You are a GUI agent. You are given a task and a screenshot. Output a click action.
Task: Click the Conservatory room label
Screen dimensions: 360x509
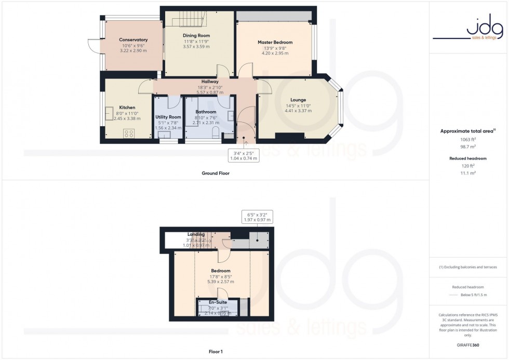point(133,40)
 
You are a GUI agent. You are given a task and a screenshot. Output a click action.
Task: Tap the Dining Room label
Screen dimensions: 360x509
point(196,35)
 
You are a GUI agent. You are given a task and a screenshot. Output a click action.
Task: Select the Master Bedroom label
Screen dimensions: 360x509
point(275,42)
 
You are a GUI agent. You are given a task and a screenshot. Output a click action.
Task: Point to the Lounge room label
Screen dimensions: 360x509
point(298,100)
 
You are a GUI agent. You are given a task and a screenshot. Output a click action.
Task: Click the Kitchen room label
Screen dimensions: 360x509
point(127,108)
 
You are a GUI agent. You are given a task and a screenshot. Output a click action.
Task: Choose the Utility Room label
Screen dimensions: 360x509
point(168,117)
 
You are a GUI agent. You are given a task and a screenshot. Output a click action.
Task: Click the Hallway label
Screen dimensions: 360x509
point(210,82)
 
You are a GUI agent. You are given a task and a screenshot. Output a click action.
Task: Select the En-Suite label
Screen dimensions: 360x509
point(218,302)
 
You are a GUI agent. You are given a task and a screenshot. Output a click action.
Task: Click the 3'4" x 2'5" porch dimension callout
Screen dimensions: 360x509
point(243,154)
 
